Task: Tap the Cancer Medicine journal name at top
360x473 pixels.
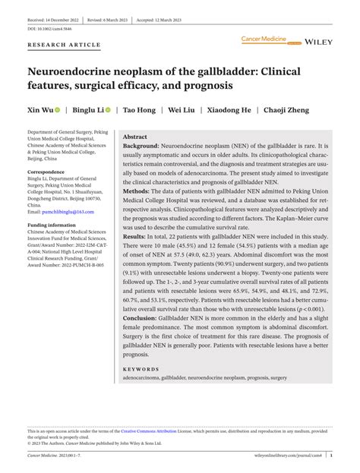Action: click(263, 37)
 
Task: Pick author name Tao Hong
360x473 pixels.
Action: click(140, 109)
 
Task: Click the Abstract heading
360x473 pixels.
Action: click(135, 135)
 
